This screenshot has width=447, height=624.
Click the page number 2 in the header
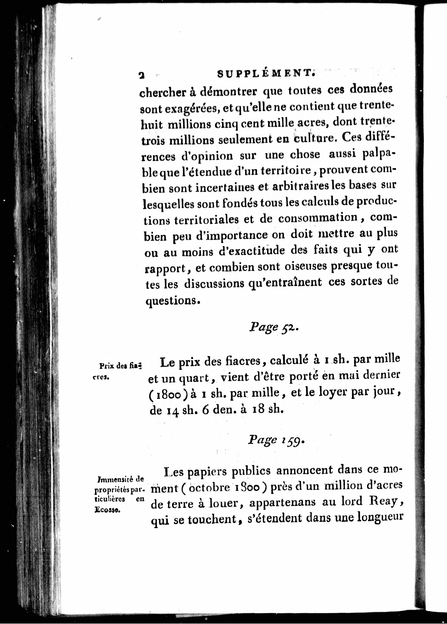click(142, 75)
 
